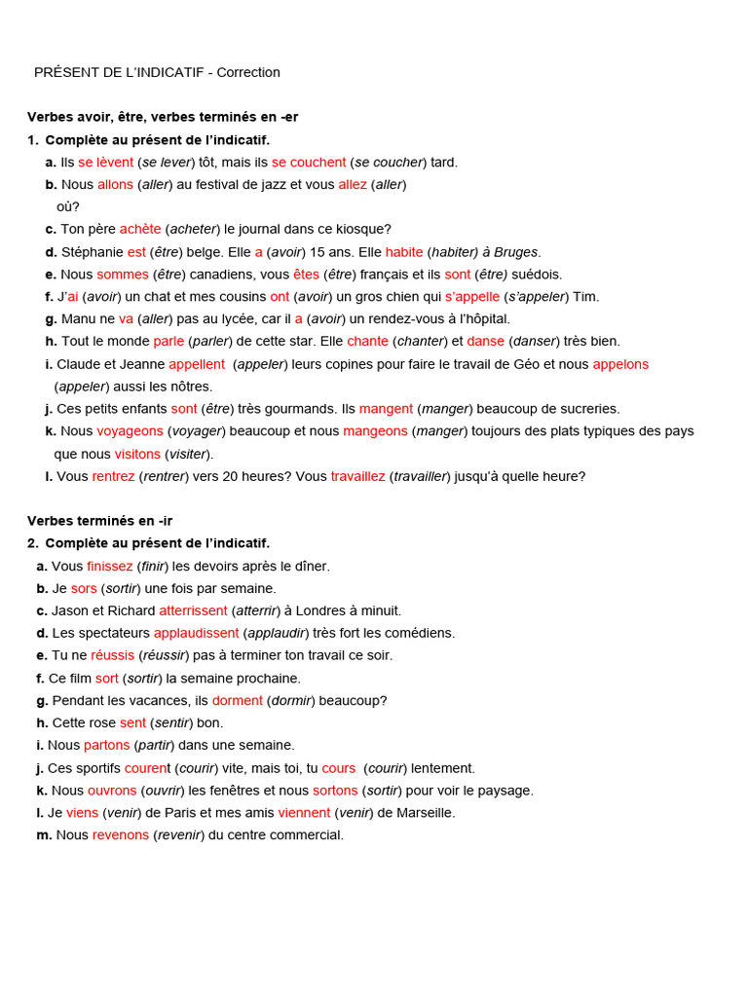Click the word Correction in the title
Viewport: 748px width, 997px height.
click(x=248, y=72)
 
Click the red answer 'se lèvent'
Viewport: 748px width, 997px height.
click(x=106, y=162)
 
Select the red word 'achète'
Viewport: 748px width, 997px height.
click(x=141, y=229)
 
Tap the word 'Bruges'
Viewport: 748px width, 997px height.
click(x=516, y=251)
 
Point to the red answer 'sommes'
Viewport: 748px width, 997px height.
click(x=123, y=275)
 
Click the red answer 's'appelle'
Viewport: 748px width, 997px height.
click(x=472, y=297)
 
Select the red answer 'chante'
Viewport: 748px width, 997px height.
click(x=367, y=341)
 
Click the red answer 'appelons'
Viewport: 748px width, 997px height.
click(x=620, y=364)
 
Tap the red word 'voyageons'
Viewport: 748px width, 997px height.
click(x=131, y=430)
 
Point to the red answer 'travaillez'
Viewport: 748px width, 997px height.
click(x=358, y=476)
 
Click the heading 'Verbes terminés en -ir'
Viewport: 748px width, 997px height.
click(x=99, y=521)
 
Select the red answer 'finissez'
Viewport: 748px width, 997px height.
click(x=110, y=566)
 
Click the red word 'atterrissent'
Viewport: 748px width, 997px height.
click(x=193, y=610)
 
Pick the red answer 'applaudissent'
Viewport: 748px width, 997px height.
click(x=196, y=633)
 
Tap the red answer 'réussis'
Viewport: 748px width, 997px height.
click(x=113, y=655)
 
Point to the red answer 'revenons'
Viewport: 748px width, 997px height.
click(x=121, y=834)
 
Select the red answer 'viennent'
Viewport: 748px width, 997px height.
click(x=304, y=812)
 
